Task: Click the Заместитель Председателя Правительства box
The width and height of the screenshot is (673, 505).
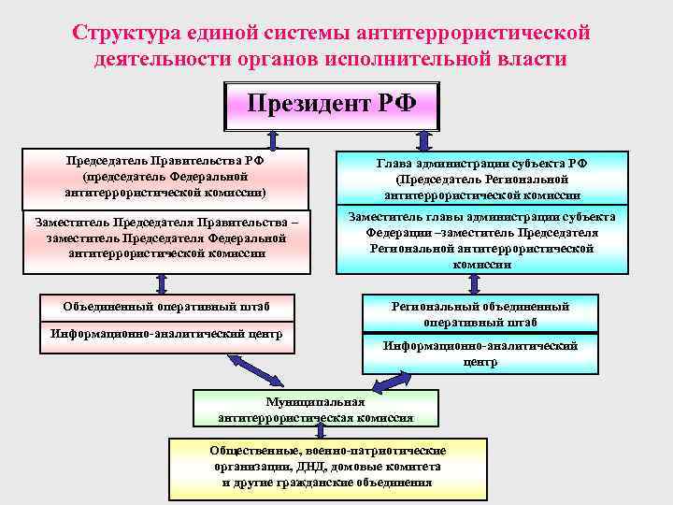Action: [165, 240]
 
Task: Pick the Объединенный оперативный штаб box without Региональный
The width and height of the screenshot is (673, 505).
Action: [165, 307]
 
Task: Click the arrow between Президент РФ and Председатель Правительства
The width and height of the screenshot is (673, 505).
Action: [273, 140]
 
